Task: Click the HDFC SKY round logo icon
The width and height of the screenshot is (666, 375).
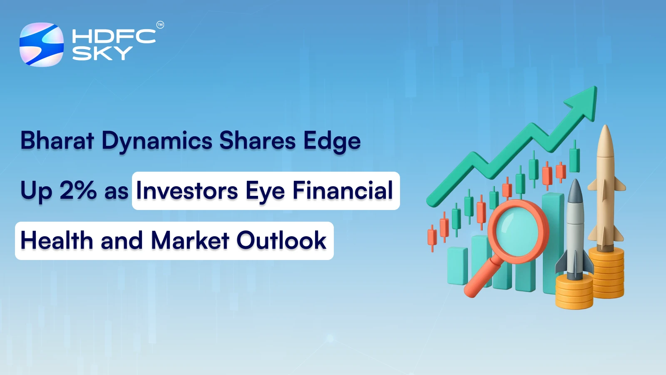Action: [42, 45]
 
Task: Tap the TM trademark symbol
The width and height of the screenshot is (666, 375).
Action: [160, 25]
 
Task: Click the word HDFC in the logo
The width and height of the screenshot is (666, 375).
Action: [114, 36]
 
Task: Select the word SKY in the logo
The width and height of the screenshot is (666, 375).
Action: [102, 53]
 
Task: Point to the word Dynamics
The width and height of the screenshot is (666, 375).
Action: [157, 141]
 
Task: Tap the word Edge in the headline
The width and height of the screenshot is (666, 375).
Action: [332, 141]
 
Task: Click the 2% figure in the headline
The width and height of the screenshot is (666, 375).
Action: [78, 190]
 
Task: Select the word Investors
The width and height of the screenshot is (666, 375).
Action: [187, 190]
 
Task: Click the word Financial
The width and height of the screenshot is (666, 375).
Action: [343, 190]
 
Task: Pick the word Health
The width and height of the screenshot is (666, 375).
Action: [57, 240]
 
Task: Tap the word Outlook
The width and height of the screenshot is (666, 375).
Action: [281, 240]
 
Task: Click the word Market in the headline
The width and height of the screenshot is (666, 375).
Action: [190, 240]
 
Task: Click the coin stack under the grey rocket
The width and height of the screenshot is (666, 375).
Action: [574, 292]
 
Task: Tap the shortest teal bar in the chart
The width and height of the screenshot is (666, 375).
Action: [457, 267]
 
